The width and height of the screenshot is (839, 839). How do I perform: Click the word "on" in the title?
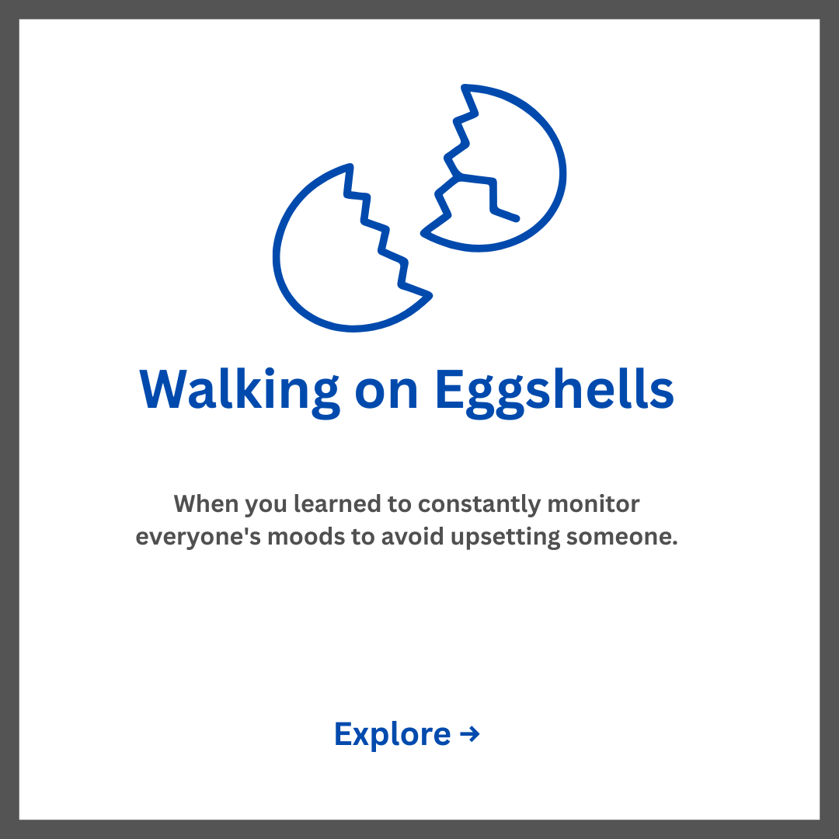[386, 393]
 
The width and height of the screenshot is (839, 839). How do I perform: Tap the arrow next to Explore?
[469, 734]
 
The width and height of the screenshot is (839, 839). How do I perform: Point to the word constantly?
[479, 505]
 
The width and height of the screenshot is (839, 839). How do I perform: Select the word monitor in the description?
[594, 504]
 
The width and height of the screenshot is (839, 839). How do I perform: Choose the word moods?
[306, 536]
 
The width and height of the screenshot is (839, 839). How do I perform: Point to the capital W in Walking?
[162, 389]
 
